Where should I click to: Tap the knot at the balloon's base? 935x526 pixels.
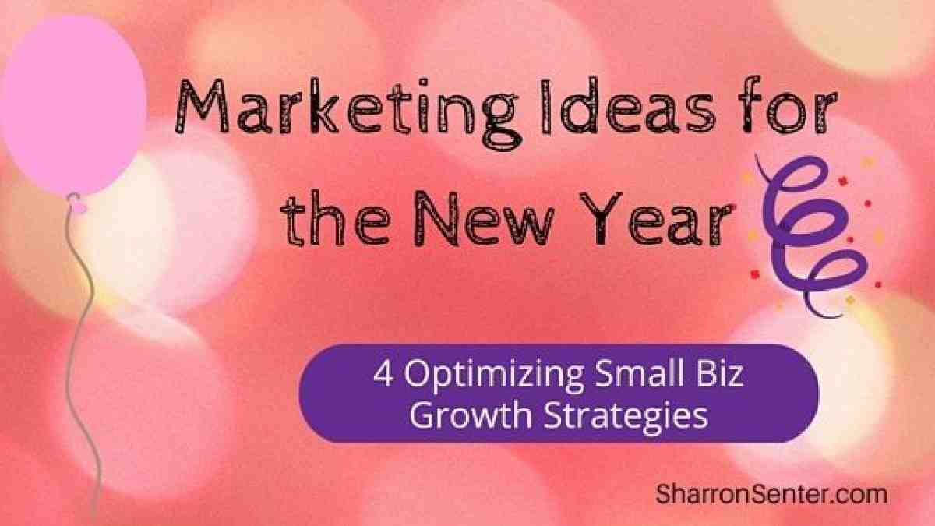pos(76,204)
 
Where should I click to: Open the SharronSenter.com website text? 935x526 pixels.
pos(771,492)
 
